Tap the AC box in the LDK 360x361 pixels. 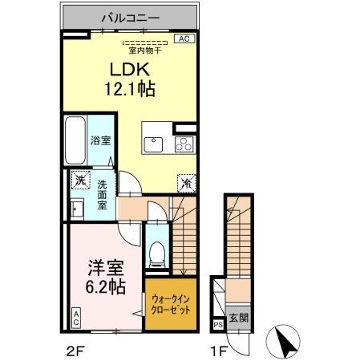(x=182, y=38)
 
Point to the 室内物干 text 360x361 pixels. (x=144, y=47)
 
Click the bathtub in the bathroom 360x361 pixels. (x=75, y=140)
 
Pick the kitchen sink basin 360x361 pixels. (x=153, y=145)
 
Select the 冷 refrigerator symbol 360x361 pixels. (x=184, y=182)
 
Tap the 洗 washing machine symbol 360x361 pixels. (x=79, y=180)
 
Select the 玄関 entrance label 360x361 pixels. (x=237, y=318)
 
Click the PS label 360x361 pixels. (x=218, y=325)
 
